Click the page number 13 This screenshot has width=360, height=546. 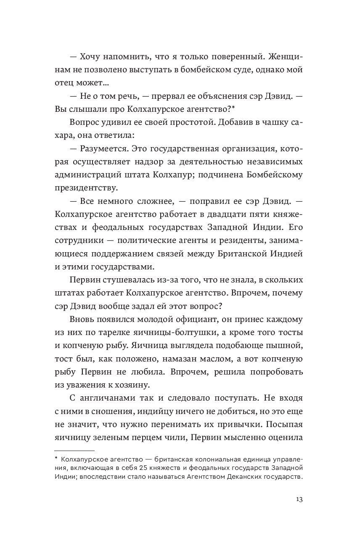click(299, 499)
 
